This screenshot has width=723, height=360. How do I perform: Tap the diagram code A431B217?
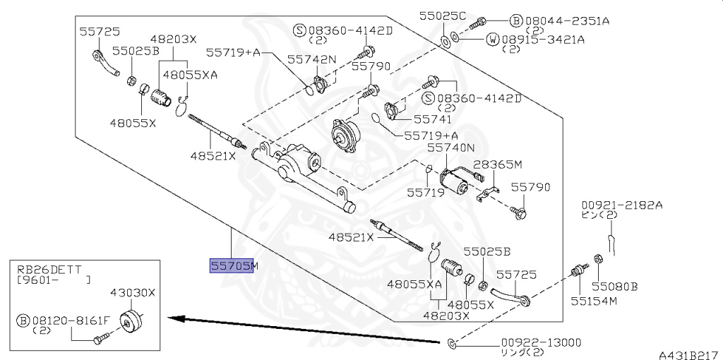691,355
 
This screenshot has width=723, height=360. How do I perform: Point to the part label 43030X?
132,293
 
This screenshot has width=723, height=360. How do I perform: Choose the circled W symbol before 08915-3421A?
492,40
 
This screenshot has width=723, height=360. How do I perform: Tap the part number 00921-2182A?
621,205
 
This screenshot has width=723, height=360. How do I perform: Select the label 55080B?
615,287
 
